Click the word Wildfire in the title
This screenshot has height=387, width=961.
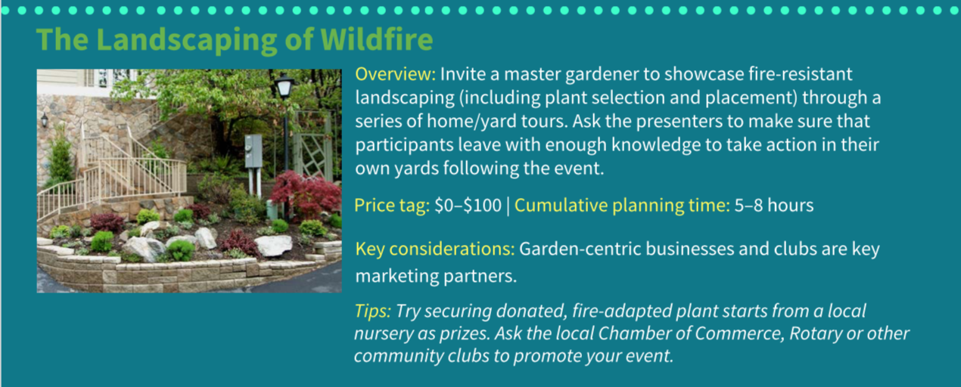377,39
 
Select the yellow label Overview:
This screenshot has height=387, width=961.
395,74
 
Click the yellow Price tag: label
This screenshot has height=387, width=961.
392,206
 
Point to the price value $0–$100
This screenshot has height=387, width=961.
468,206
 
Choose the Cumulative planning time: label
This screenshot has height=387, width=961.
622,206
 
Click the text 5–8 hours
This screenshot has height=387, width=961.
773,206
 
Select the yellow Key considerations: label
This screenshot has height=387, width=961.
434,249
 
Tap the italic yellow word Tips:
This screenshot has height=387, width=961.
372,311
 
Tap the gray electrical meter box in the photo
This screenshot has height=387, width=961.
253,152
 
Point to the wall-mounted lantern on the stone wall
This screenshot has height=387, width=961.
45,120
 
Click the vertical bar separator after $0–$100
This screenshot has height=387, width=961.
508,206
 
